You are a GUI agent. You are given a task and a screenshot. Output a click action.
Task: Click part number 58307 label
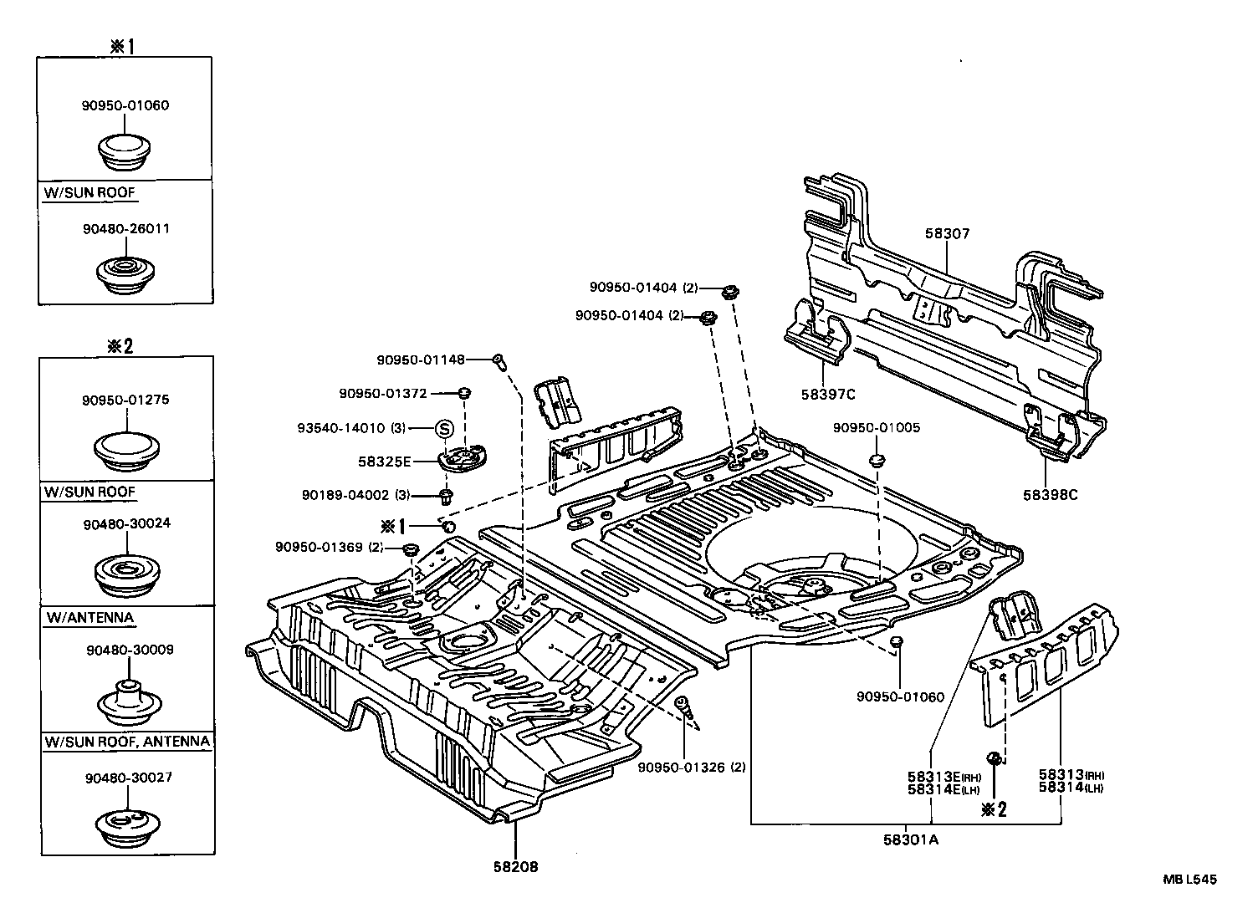tap(947, 234)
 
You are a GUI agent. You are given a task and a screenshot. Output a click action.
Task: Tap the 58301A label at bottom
tap(912, 840)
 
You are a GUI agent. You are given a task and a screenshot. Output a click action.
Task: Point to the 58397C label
tap(827, 395)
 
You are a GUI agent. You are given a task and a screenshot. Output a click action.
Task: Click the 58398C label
tap(1050, 494)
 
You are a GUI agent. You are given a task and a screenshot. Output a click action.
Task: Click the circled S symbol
tap(445, 428)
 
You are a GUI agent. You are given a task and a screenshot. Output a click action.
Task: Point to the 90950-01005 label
tap(876, 427)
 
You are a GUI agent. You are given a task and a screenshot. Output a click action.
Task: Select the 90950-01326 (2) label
tap(691, 767)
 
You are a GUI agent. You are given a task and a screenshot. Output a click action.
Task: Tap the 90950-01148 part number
tap(420, 360)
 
